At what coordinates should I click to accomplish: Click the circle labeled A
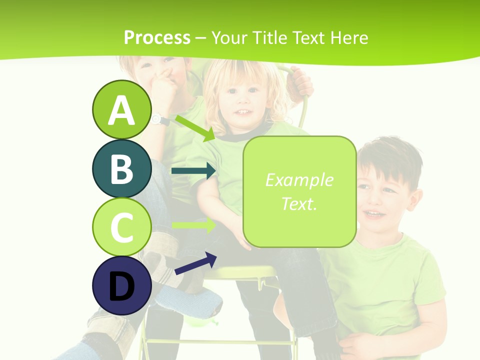[121, 109]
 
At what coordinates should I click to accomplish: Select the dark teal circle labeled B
[121, 168]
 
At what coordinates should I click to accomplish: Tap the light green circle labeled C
[121, 227]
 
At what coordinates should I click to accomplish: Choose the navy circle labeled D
[121, 285]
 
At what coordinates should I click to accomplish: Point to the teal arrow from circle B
[193, 171]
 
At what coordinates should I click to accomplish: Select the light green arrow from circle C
[193, 225]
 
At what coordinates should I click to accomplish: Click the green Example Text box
[299, 192]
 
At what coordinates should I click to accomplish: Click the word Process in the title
[157, 37]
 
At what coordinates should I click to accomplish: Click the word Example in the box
[299, 180]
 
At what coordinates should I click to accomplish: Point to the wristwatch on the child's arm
[159, 120]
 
